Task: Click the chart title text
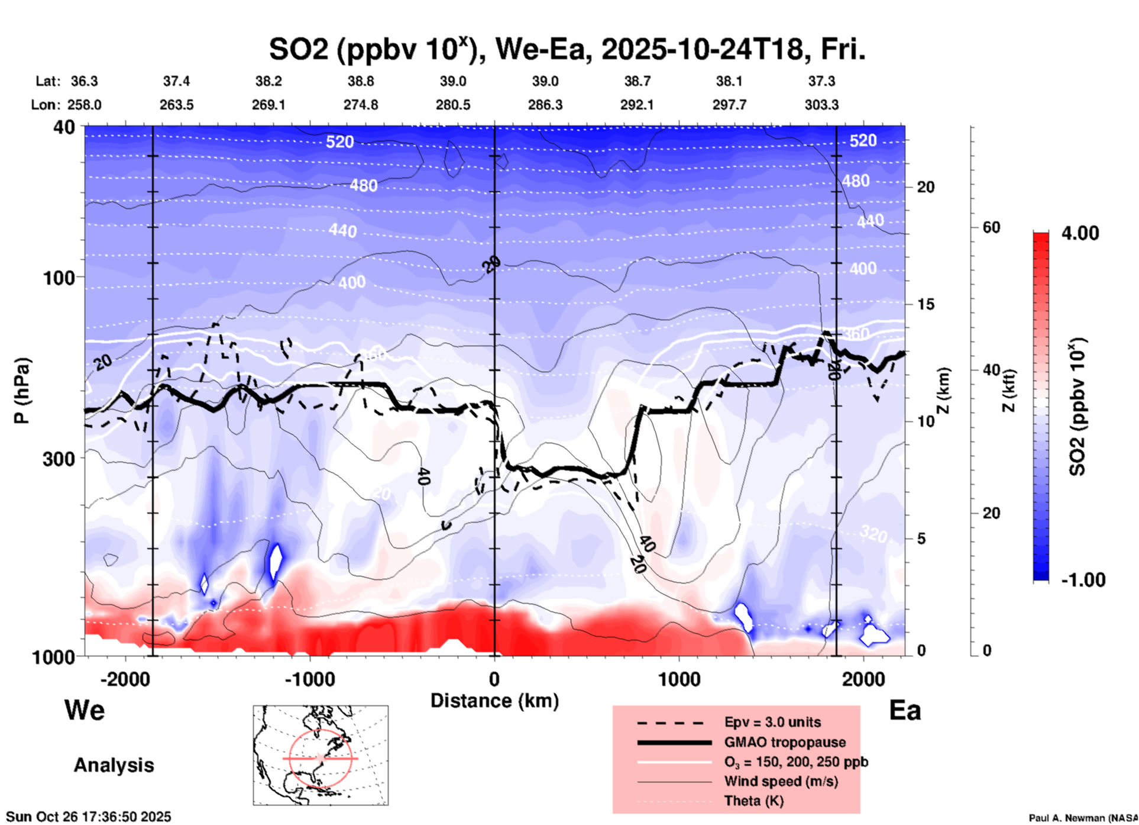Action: (x=567, y=50)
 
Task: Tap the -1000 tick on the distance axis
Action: (x=309, y=679)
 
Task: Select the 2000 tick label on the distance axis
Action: (x=863, y=679)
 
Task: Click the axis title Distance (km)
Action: (x=494, y=701)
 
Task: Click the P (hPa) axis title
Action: (x=22, y=390)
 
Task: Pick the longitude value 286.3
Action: (x=545, y=105)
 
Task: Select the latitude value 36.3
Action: (x=84, y=81)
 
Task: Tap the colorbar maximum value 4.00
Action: (x=1080, y=233)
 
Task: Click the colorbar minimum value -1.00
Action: (x=1083, y=579)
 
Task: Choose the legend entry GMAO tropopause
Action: (x=785, y=742)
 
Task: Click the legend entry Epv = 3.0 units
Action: (x=772, y=722)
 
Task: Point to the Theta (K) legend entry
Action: (x=753, y=801)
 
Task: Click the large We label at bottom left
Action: (x=85, y=710)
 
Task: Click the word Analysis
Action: (x=114, y=765)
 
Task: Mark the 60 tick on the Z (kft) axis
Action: (x=991, y=227)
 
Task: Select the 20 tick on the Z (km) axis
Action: (x=926, y=188)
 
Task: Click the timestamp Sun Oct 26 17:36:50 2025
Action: (x=89, y=817)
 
